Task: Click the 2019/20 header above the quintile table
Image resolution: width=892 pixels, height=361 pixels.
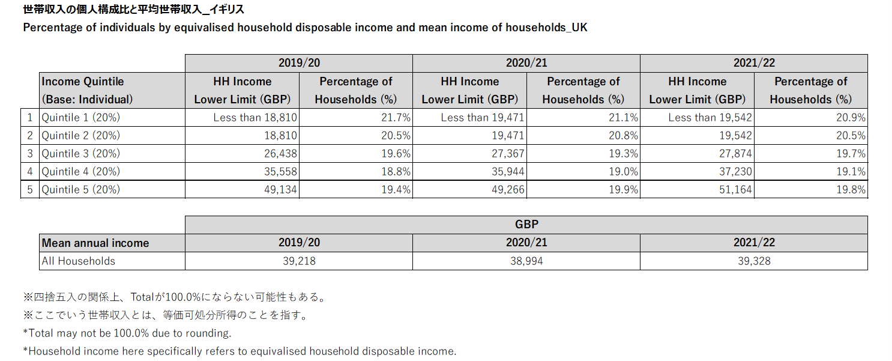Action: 298,63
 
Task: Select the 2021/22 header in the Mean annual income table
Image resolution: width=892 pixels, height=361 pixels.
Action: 753,243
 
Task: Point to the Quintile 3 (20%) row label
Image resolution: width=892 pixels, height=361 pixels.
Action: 81,153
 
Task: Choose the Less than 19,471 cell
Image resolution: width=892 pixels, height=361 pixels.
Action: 483,117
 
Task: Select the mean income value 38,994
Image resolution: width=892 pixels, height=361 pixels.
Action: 526,261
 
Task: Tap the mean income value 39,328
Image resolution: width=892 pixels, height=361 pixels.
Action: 753,261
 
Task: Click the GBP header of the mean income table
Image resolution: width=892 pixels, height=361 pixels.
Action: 526,225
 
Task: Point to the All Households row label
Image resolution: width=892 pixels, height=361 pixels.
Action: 79,261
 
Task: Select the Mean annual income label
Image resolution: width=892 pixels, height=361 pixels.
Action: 95,243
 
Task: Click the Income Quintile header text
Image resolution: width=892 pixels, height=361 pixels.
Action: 82,82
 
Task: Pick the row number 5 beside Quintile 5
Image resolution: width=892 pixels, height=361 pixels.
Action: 30,189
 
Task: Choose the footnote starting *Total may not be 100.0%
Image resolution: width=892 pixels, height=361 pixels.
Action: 127,333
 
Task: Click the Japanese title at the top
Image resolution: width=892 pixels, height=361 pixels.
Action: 133,10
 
